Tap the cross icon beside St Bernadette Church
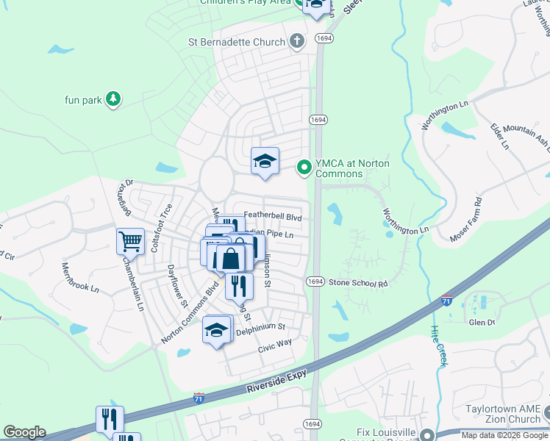coord(297,41)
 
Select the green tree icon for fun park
coord(113,98)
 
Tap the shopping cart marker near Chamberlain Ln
coord(130,240)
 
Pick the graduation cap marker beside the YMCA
coord(265,161)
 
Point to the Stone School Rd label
coord(357,283)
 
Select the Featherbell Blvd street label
coord(273,218)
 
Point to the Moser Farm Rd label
coord(467,219)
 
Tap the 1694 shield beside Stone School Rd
coord(315,282)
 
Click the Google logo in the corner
coord(24,432)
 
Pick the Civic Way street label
coord(275,343)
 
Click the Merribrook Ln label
coord(79,277)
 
